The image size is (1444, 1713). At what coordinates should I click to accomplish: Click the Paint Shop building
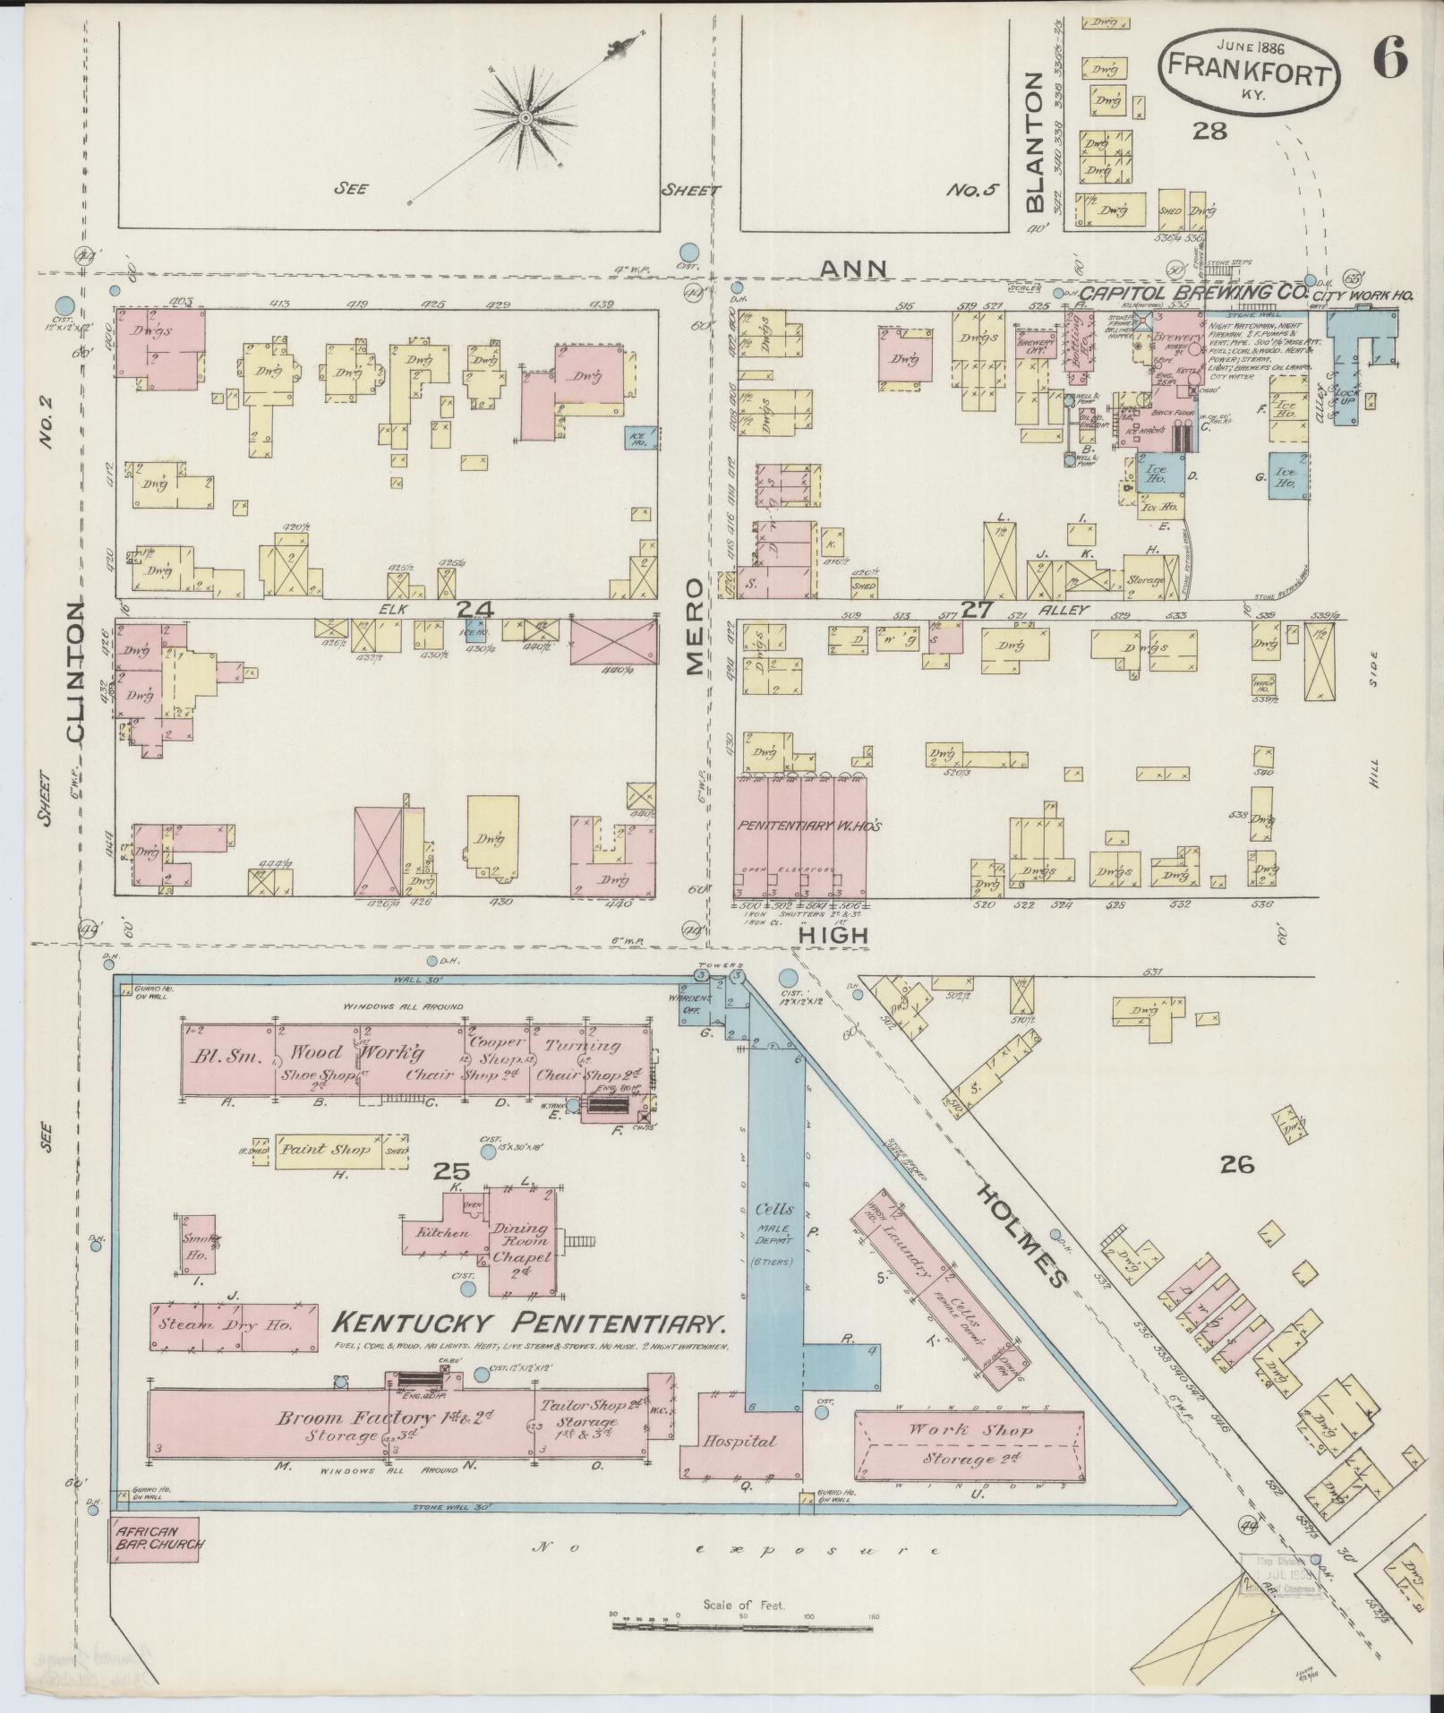327,1149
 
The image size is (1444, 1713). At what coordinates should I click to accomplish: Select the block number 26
1236,1164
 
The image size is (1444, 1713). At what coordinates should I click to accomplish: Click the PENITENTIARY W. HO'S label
809,826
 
